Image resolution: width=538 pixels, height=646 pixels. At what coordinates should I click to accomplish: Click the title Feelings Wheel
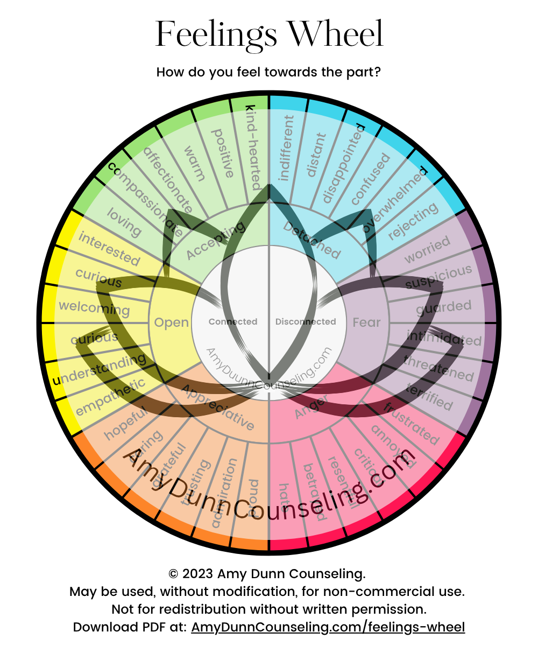point(269,33)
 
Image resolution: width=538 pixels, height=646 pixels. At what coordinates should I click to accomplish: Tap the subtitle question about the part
point(269,72)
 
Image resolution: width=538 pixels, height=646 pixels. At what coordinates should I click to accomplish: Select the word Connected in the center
point(233,322)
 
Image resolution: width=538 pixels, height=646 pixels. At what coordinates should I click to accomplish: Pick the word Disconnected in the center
point(306,322)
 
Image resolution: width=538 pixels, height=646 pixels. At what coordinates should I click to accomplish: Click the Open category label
point(171,322)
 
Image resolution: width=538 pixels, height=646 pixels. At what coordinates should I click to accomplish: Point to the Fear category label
point(366,322)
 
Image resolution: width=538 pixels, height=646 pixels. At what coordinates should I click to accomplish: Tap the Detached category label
point(312,240)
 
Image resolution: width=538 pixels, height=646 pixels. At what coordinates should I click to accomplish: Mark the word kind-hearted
point(253,145)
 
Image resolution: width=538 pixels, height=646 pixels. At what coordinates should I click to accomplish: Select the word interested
point(109,249)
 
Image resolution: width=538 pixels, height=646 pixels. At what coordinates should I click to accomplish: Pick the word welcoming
point(94,308)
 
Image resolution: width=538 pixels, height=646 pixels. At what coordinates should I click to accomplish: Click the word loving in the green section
point(124,222)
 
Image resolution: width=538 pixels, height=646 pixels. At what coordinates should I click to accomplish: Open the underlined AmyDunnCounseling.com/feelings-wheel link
point(328,627)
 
